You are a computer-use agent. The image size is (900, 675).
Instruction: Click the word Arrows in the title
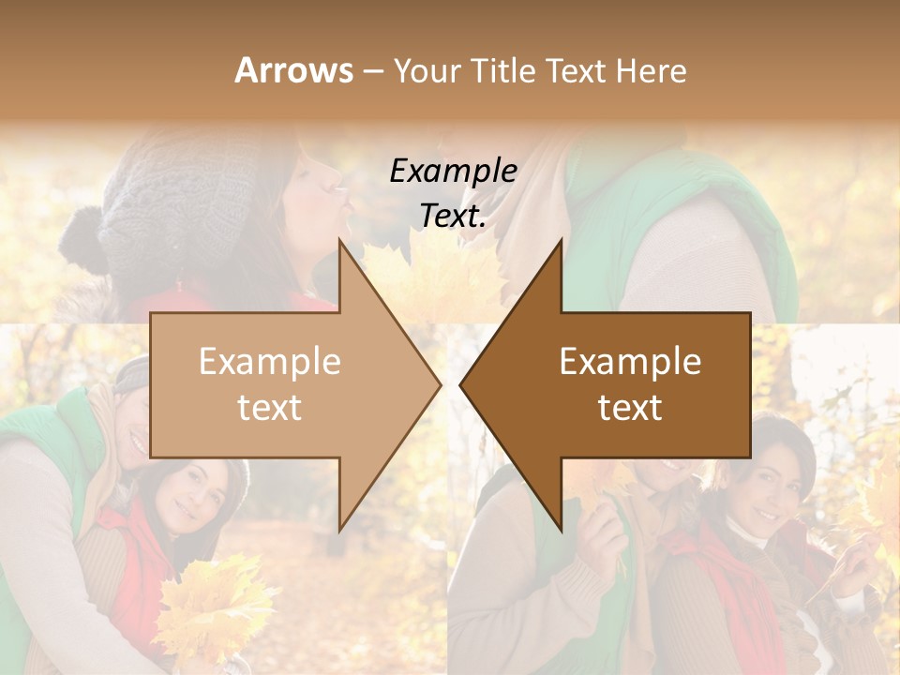(x=293, y=70)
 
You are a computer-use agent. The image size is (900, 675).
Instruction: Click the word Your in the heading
(x=427, y=71)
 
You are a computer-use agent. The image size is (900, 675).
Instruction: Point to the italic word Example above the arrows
(x=453, y=171)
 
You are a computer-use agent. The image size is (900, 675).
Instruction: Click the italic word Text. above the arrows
(x=453, y=216)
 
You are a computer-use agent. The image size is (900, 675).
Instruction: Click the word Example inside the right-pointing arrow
(x=269, y=362)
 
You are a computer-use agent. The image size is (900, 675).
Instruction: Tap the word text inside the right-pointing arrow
(x=269, y=408)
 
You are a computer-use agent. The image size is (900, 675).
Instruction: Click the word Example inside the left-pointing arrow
(x=630, y=362)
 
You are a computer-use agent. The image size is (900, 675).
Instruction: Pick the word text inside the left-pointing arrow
(x=630, y=408)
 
